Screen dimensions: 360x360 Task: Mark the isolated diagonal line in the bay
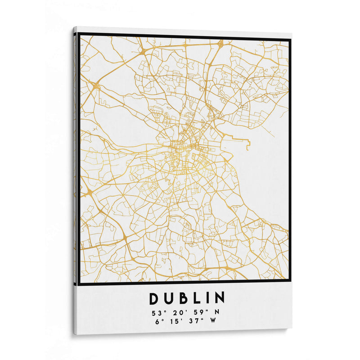coord(269,131)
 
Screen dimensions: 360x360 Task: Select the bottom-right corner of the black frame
coord(290,281)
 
